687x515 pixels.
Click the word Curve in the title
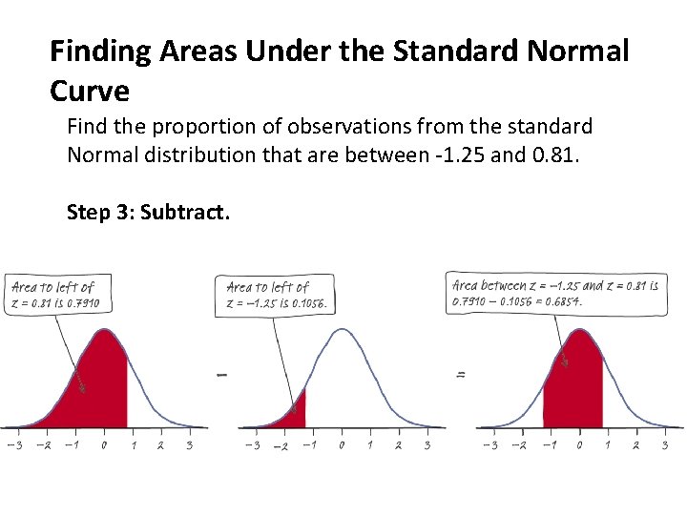(89, 91)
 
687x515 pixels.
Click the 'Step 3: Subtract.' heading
(148, 212)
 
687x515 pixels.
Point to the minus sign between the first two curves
(222, 375)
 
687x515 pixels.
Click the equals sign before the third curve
(461, 375)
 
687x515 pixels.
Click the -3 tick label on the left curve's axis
(12, 445)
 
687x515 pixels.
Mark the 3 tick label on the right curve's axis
(664, 445)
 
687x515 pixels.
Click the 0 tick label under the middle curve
(342, 445)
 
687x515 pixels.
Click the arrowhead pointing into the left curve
(84, 389)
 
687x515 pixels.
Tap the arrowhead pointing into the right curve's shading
(565, 362)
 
